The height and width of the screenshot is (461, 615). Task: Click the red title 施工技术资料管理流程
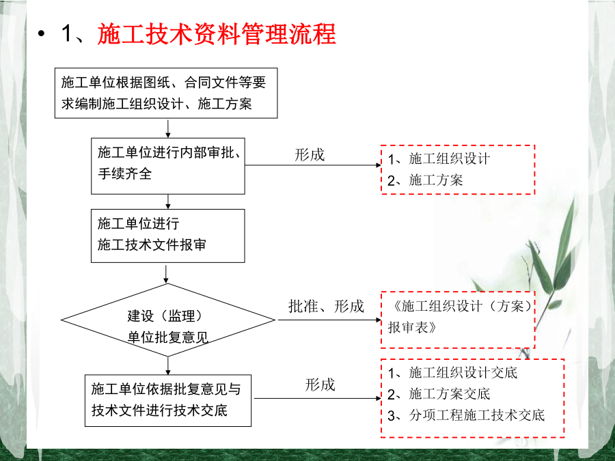(217, 33)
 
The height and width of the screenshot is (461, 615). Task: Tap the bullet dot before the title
(42, 33)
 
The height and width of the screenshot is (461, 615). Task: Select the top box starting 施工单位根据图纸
(166, 93)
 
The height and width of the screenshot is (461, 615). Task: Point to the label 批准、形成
(327, 306)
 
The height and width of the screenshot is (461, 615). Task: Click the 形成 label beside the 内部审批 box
(310, 155)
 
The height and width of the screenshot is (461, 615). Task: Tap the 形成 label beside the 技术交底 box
(320, 385)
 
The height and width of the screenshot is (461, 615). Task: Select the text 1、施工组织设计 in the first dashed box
(439, 158)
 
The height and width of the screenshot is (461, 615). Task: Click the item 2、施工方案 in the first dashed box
(425, 180)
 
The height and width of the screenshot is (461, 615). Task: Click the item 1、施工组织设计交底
(452, 372)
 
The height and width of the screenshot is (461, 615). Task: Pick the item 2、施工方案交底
(439, 394)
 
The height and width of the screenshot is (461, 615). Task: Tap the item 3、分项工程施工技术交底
(466, 415)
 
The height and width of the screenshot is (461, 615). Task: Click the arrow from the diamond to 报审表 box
(329, 320)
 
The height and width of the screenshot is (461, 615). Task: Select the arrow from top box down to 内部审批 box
(168, 129)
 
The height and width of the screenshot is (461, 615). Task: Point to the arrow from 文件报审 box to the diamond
(166, 275)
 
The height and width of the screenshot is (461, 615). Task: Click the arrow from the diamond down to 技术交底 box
(168, 366)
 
